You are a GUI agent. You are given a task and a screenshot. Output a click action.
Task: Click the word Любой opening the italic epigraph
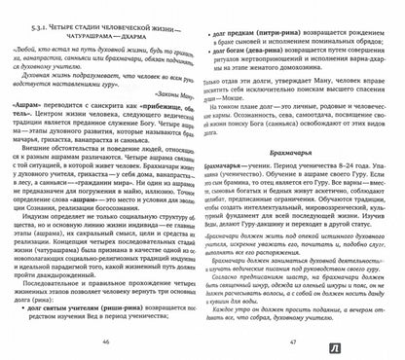tap(37, 45)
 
